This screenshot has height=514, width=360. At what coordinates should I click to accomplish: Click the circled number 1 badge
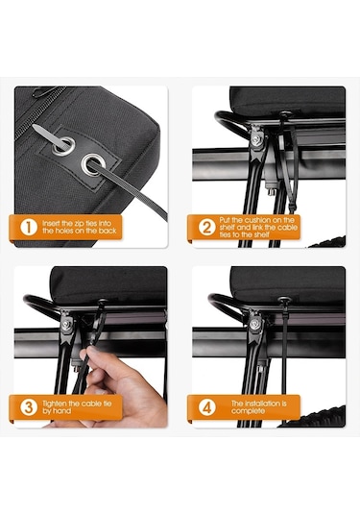pyautogui.click(x=29, y=227)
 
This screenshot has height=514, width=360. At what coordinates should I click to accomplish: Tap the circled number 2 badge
pyautogui.click(x=207, y=227)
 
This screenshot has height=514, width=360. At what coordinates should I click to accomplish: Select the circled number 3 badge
pyautogui.click(x=29, y=406)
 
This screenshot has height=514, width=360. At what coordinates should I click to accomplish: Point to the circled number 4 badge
pyautogui.click(x=207, y=407)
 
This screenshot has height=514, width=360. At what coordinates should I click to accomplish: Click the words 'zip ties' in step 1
pyautogui.click(x=84, y=223)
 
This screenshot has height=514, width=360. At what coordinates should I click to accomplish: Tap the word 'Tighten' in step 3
pyautogui.click(x=55, y=404)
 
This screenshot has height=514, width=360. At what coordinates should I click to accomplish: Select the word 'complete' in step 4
pyautogui.click(x=248, y=411)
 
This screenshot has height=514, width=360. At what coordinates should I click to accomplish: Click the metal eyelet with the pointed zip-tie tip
pyautogui.click(x=63, y=145)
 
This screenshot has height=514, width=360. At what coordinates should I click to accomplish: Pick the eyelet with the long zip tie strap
pyautogui.click(x=93, y=164)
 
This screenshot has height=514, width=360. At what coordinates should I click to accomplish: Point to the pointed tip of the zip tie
pyautogui.click(x=34, y=126)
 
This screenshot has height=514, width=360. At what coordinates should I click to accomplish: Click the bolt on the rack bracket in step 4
pyautogui.click(x=254, y=324)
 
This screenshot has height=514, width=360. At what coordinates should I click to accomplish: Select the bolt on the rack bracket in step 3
pyautogui.click(x=66, y=325)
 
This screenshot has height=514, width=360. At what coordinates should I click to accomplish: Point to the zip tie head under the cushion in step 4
pyautogui.click(x=284, y=300)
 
